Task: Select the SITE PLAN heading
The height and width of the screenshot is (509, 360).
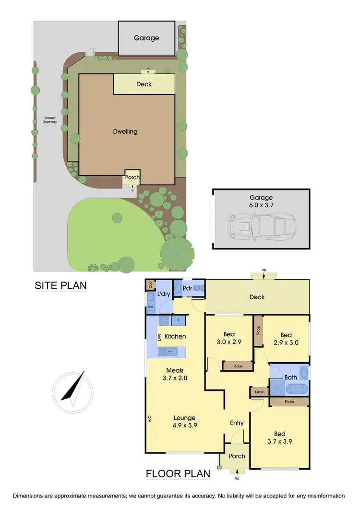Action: pos(60,285)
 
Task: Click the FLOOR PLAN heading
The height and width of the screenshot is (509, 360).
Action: pos(178,474)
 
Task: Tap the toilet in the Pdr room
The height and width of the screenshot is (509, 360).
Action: pos(179,288)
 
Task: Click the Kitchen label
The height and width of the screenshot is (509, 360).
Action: pos(175,336)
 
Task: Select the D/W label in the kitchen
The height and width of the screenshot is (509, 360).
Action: pos(159,337)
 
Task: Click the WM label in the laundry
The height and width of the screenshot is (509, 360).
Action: pos(151,307)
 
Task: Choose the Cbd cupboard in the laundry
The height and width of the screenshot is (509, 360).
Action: pos(151,284)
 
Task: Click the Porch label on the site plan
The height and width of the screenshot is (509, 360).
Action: pos(132,177)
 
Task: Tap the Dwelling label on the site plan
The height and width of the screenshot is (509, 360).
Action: pos(125,131)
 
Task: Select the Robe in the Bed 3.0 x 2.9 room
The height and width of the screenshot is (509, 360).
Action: pos(237,366)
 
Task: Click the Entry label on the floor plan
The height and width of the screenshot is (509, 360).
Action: pos(237,423)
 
